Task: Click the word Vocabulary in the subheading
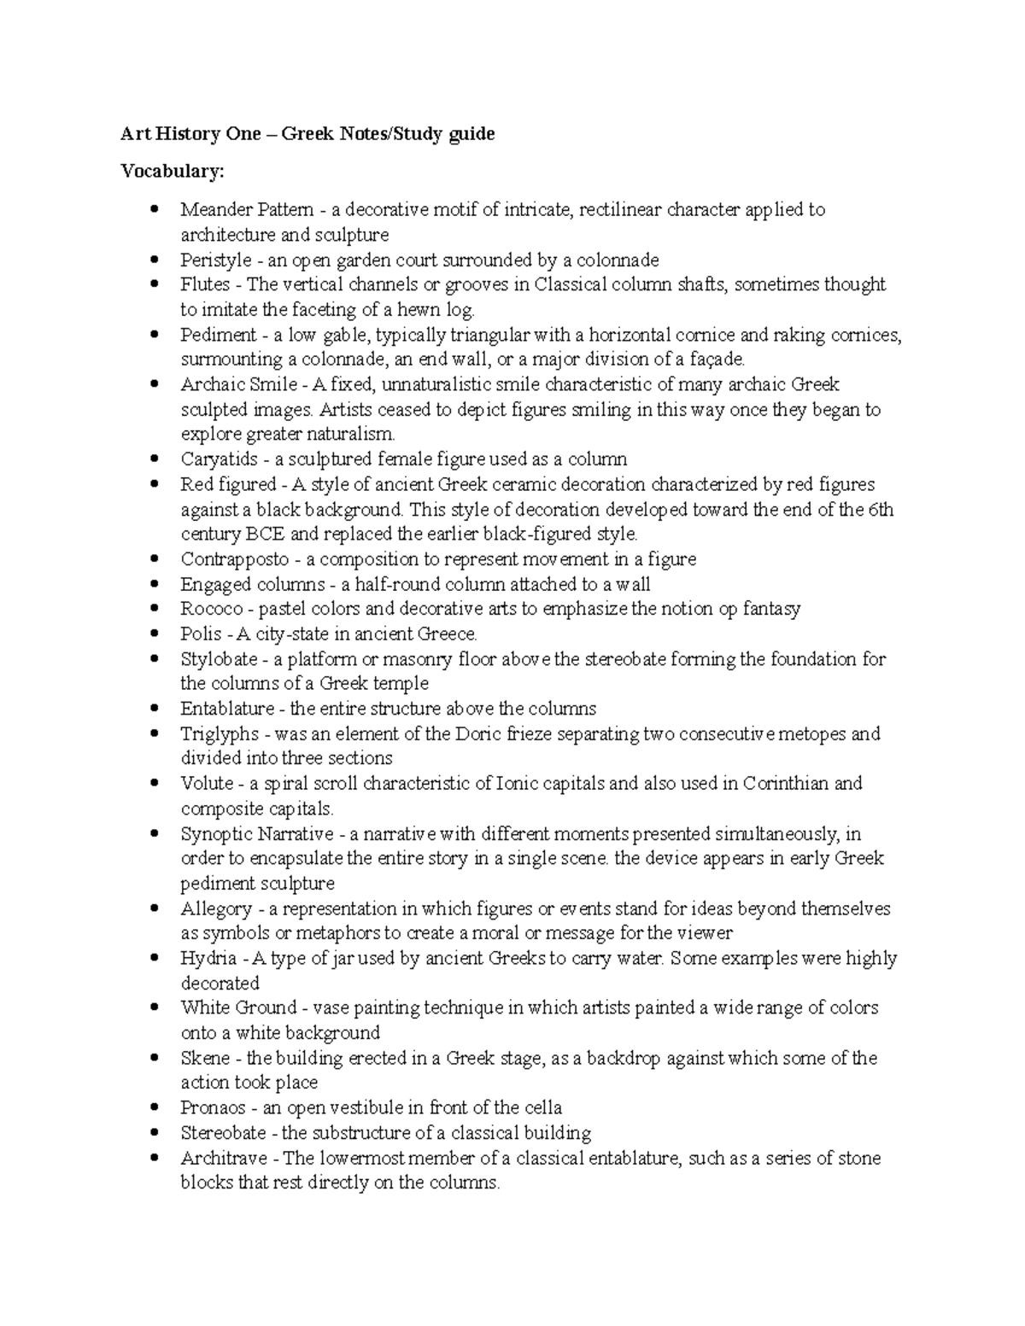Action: pos(172,172)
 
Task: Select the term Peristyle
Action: pos(215,260)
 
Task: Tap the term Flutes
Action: pos(205,284)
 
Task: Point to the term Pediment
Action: pos(218,335)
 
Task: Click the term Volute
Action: pos(207,784)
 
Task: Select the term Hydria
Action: pos(208,959)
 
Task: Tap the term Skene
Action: pos(205,1059)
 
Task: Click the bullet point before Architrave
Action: pos(154,1159)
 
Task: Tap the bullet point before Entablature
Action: pos(154,709)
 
